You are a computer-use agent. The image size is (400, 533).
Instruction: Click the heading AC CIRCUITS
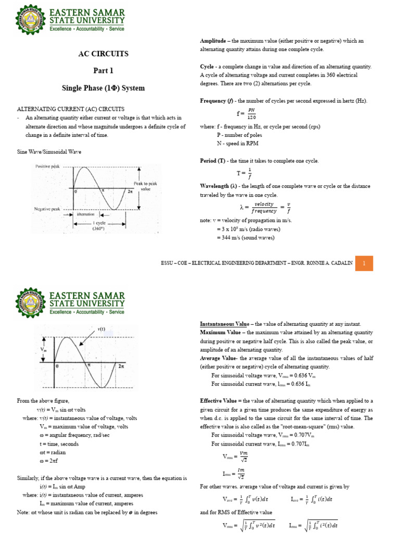103,54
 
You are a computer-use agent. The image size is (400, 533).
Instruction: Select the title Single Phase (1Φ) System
103,87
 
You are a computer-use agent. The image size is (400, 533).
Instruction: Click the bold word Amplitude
214,41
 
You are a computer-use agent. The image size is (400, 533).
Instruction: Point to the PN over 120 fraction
251,113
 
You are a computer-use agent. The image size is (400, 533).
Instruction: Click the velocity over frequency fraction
264,208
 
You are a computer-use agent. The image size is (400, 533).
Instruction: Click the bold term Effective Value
218,401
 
